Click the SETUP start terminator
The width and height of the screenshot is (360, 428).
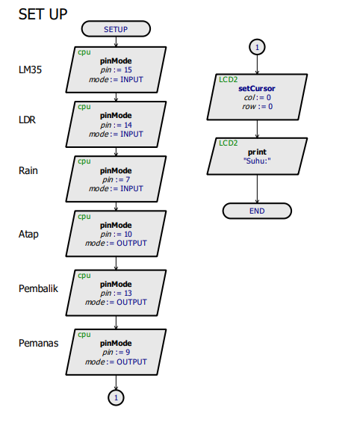pyautogui.click(x=116, y=28)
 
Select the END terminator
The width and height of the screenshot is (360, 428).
pyautogui.click(x=257, y=211)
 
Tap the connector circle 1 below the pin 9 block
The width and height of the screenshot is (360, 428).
pyautogui.click(x=116, y=397)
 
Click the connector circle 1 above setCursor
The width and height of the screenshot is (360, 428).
pyautogui.click(x=257, y=47)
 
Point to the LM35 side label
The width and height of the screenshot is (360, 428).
pyautogui.click(x=30, y=70)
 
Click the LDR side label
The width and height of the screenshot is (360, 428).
pyautogui.click(x=27, y=120)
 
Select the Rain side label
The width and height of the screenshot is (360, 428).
pyautogui.click(x=28, y=170)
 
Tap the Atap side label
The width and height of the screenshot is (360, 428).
pyautogui.click(x=28, y=235)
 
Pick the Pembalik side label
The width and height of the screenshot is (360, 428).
pyautogui.click(x=38, y=288)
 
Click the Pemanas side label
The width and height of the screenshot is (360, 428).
pyautogui.click(x=39, y=343)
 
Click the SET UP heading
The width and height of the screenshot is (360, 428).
pyautogui.click(x=43, y=14)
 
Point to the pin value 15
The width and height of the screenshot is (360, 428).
pyautogui.click(x=128, y=70)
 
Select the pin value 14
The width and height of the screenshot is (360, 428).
pyautogui.click(x=128, y=125)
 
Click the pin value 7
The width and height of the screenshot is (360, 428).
pyautogui.click(x=128, y=179)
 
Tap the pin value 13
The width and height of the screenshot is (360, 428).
pyautogui.click(x=128, y=293)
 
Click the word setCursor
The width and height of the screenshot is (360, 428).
pyautogui.click(x=257, y=88)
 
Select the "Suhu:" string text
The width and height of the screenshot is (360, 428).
pyautogui.click(x=257, y=161)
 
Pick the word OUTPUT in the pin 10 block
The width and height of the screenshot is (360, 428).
pyautogui.click(x=131, y=243)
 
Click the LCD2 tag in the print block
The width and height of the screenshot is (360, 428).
pyautogui.click(x=228, y=143)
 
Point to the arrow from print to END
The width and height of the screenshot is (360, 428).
pyautogui.click(x=257, y=189)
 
